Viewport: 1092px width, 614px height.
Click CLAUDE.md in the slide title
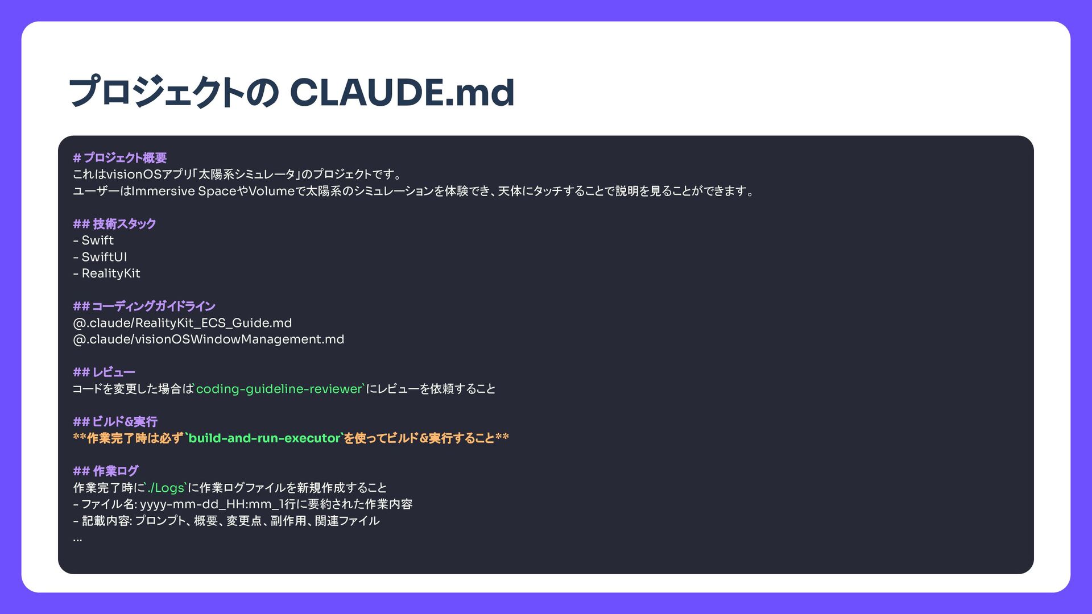coord(402,93)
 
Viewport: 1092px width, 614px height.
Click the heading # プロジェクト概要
coord(119,158)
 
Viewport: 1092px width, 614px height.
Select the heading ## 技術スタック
coord(114,224)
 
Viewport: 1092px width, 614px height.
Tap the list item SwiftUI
coord(104,257)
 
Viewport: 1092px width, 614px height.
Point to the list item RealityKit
coord(110,273)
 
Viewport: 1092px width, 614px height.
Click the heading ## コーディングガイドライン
coord(144,306)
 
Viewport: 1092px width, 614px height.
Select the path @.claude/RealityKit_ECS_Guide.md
coord(182,323)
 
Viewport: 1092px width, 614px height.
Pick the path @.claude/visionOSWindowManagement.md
coord(208,339)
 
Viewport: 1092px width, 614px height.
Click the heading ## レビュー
coord(104,372)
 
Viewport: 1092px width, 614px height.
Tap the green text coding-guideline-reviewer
coord(279,389)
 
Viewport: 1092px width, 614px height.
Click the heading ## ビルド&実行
coord(115,422)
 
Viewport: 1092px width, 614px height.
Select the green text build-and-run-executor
coord(264,438)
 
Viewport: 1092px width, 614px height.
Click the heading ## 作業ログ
coord(105,471)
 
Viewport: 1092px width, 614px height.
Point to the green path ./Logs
coord(166,488)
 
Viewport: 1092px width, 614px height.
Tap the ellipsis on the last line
coord(77,538)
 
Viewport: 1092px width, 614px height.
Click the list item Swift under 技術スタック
coord(97,240)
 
